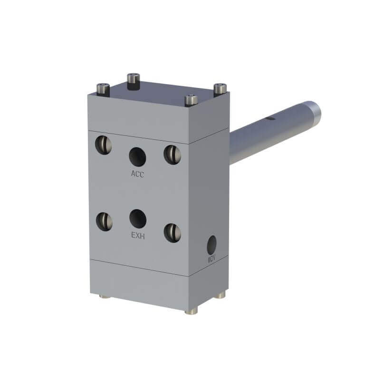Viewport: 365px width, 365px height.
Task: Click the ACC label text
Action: tap(137, 174)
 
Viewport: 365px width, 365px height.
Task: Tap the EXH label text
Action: tap(138, 235)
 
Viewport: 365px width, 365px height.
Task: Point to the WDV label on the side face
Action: tap(211, 259)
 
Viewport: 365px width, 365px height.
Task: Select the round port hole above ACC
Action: tap(137, 156)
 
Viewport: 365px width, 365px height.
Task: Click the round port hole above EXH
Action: tap(138, 219)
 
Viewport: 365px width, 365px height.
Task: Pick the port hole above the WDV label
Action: tap(211, 245)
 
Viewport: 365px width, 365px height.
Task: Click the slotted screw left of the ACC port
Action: tap(104, 144)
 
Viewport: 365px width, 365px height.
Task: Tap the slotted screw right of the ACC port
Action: tap(172, 154)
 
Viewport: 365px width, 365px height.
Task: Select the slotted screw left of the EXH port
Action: tap(104, 221)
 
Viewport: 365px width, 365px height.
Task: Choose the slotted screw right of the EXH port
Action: tap(172, 232)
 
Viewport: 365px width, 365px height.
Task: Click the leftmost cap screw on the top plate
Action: tap(103, 88)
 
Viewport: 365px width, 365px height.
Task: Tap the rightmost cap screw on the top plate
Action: tap(220, 89)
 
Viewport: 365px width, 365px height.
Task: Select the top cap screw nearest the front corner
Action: tap(191, 100)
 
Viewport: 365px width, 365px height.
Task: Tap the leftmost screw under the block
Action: tap(105, 297)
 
